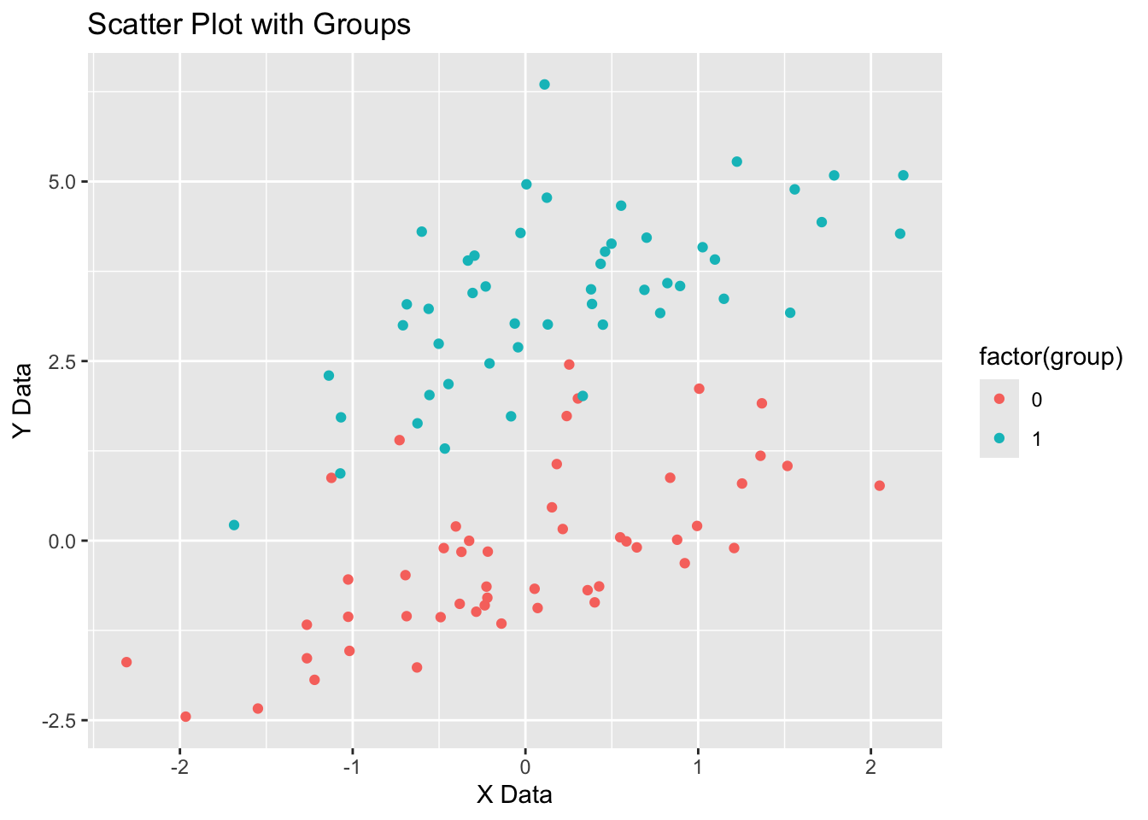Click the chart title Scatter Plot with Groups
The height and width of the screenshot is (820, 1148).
tap(249, 25)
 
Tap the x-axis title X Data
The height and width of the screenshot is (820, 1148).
tap(514, 795)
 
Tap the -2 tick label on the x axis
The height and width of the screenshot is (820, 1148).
tap(179, 764)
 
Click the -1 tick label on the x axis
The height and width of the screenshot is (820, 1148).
tap(351, 764)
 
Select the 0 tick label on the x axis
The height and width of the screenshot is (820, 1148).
tap(525, 764)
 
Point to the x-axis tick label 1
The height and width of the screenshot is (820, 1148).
tap(698, 764)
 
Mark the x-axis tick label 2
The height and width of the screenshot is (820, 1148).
tap(870, 764)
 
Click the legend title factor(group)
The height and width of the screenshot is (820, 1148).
tap(1050, 357)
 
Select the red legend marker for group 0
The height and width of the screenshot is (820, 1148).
tap(999, 399)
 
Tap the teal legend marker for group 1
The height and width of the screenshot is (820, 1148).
tap(999, 438)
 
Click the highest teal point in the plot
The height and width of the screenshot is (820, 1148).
tap(544, 85)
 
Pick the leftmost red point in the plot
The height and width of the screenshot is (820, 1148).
tap(126, 662)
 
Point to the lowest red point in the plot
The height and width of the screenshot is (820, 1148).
tap(185, 717)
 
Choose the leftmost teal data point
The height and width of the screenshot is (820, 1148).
tap(234, 525)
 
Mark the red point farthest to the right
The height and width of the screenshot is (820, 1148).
tap(880, 486)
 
